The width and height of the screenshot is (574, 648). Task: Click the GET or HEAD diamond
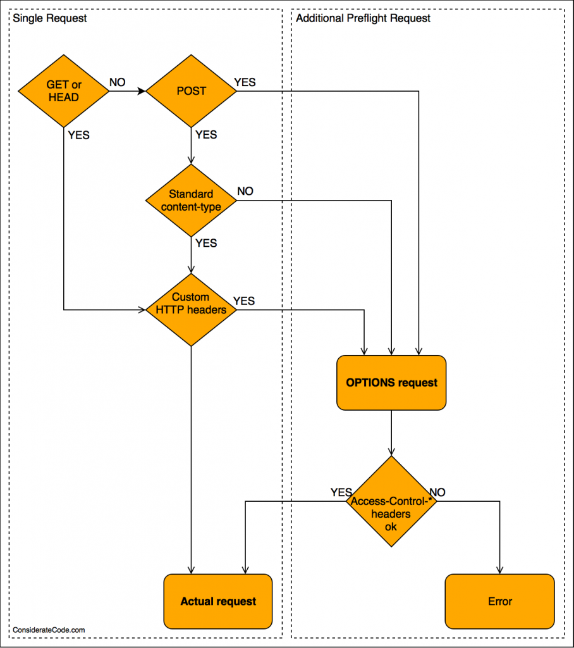(64, 91)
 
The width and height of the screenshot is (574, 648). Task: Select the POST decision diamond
(191, 91)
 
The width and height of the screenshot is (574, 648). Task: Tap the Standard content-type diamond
(191, 201)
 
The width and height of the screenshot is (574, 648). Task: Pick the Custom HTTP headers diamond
(191, 309)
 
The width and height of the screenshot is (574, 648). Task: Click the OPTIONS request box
(391, 382)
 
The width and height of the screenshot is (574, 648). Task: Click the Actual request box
(218, 601)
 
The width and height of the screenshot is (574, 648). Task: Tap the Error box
(499, 601)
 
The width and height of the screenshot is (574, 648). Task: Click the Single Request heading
(50, 18)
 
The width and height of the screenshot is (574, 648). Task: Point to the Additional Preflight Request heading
(363, 18)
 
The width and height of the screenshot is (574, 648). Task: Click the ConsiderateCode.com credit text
(49, 630)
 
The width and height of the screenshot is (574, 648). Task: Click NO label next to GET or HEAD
(118, 82)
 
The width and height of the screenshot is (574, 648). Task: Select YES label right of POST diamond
(245, 82)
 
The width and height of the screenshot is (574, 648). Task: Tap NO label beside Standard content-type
(245, 191)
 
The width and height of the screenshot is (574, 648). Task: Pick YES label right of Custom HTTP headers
(244, 301)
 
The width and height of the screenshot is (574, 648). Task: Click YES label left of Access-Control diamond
(341, 492)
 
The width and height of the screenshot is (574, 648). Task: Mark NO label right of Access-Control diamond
(437, 492)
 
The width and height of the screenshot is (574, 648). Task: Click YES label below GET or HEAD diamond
(78, 135)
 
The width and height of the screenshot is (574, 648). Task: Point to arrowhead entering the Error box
(499, 571)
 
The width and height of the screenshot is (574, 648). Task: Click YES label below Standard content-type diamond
(206, 244)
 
